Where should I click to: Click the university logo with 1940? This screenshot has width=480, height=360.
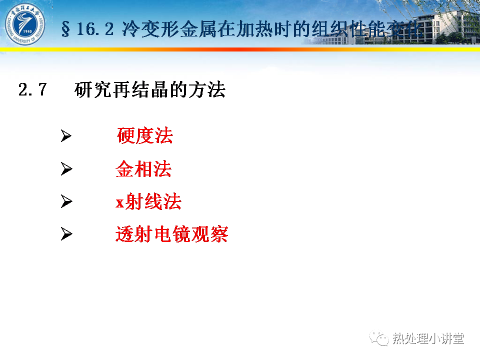(25, 24)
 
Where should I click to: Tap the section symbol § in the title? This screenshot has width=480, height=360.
(65, 29)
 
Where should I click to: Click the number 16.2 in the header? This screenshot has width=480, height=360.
(95, 29)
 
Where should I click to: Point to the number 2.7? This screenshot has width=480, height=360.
(32, 89)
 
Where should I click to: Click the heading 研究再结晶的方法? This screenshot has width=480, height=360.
(150, 89)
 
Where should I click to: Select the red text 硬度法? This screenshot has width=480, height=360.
(145, 135)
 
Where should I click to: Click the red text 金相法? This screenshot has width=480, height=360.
(143, 168)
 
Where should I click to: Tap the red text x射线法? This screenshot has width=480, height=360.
(148, 201)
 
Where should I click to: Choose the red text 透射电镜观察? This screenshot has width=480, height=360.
(171, 234)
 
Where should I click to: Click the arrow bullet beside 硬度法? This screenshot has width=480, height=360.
(66, 135)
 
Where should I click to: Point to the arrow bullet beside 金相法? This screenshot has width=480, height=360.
(66, 168)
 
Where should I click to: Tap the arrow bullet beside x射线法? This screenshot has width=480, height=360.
(66, 201)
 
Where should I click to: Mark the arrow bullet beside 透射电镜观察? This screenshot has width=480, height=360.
(66, 234)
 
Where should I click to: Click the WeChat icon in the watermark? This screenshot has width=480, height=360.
(379, 338)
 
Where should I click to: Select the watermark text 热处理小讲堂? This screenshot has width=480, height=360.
(428, 338)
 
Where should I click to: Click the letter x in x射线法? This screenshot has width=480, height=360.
(119, 202)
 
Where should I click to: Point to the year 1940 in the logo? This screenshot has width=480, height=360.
(27, 31)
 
